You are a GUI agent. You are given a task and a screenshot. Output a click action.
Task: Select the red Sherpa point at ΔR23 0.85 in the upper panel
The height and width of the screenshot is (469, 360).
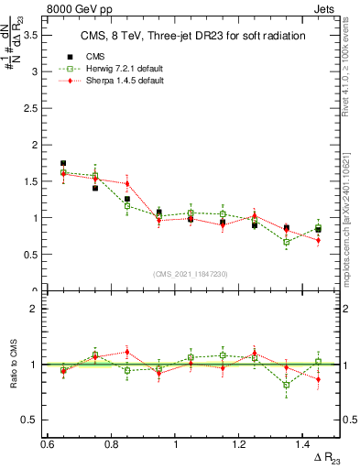pos(127,183)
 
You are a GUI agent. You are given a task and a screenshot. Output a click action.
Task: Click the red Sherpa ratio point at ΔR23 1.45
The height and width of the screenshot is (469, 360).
pos(318,378)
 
